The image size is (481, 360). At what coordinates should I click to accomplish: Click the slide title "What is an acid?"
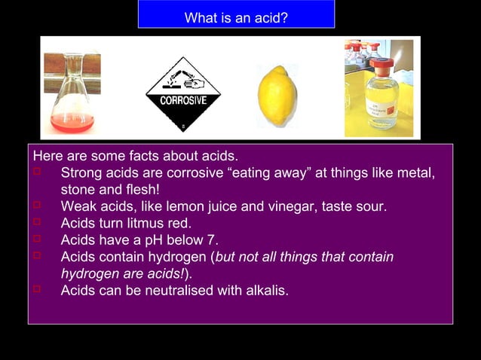pos(236,17)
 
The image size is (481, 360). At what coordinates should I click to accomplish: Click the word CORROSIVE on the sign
pos(183,100)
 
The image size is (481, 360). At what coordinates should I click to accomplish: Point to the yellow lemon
pos(277,96)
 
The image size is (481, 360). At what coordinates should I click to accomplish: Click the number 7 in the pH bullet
pos(213,240)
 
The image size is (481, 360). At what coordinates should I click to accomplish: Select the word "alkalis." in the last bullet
pos(264,290)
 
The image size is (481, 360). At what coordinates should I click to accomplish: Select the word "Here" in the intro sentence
pos(47,157)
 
